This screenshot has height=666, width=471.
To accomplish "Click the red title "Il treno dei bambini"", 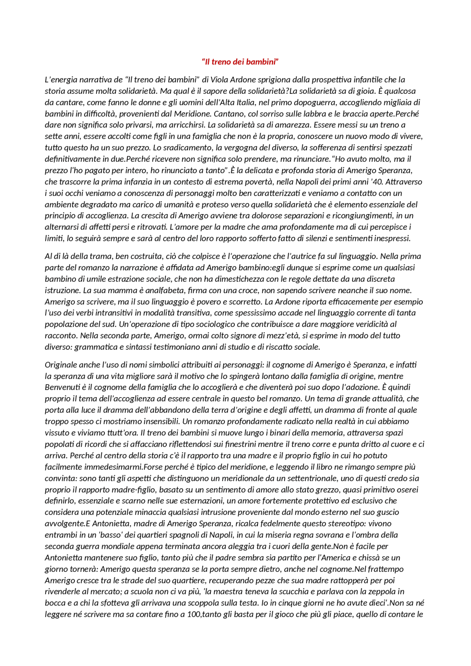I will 240,62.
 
